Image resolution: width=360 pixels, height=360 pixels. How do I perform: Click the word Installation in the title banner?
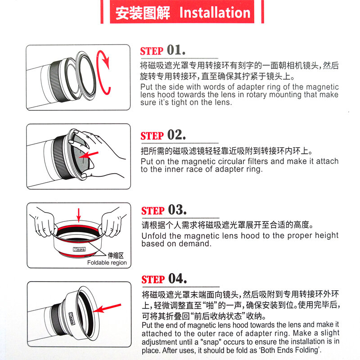[x=215, y=12]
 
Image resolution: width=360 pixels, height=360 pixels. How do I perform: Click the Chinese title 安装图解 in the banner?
[x=143, y=13]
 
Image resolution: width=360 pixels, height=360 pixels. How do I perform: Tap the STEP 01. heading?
[x=162, y=50]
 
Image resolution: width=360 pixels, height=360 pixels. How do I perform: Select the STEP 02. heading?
[x=163, y=135]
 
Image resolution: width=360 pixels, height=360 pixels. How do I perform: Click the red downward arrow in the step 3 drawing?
[x=79, y=214]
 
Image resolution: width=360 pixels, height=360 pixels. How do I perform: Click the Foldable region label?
[x=107, y=263]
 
